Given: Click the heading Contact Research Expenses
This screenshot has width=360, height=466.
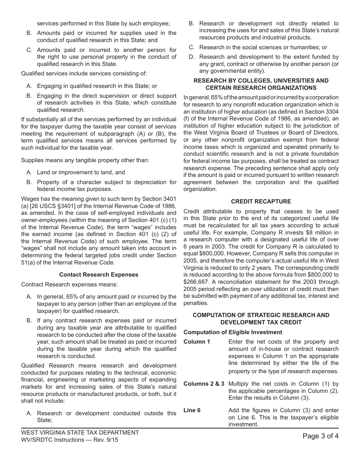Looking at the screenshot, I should pos(99,275).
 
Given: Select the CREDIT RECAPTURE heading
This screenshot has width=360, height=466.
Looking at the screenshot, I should pos(261,202).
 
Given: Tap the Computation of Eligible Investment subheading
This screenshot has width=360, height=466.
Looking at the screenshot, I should pos(233,332).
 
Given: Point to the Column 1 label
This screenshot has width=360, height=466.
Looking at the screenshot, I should pos(197,342).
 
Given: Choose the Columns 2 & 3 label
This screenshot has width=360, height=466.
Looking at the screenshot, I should pos(204,384).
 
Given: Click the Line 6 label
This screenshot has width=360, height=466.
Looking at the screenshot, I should pos(192,410).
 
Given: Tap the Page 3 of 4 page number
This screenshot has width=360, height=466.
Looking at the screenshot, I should pos(321,436).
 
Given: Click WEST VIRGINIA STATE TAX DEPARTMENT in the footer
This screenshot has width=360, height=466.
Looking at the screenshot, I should pos(80,433).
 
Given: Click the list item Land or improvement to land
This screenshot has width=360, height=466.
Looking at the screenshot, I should pos(81,172).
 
